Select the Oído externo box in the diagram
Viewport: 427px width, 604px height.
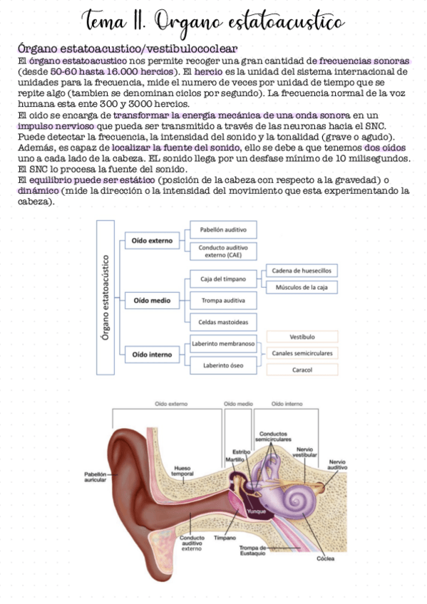tap(153, 241)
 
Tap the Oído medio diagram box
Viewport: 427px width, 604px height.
tap(152, 301)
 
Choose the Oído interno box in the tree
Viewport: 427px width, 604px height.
tap(153, 354)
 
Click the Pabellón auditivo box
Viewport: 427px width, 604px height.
tap(223, 230)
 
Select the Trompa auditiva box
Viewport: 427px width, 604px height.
tap(223, 301)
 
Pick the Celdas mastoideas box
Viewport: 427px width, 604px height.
tap(223, 323)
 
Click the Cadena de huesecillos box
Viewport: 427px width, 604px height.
tap(302, 271)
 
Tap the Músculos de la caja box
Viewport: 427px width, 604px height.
tap(302, 287)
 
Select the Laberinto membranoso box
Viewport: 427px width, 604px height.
tap(223, 344)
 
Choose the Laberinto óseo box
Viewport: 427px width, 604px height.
tap(223, 365)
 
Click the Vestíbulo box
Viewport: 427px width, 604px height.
tap(302, 336)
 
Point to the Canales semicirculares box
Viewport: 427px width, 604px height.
tap(302, 353)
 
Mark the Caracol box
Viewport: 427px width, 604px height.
tap(302, 370)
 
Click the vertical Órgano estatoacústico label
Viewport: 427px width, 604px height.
tap(106, 297)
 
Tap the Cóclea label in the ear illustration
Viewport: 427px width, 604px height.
tap(326, 558)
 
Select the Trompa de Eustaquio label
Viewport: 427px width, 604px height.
tap(253, 549)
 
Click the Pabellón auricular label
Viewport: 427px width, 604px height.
tap(95, 477)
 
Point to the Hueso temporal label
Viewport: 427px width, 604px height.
tap(183, 471)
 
